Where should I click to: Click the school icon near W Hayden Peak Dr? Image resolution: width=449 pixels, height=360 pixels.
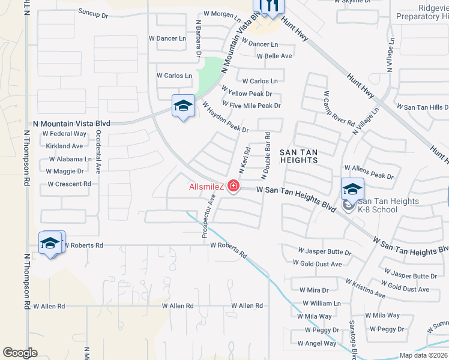click(x=183, y=106)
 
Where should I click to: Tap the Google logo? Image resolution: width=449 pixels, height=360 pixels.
click(x=20, y=353)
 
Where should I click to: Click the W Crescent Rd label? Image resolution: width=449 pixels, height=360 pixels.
click(x=69, y=184)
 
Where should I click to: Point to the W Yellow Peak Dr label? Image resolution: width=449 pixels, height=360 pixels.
click(x=247, y=94)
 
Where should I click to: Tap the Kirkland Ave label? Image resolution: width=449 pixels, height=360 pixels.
click(x=64, y=146)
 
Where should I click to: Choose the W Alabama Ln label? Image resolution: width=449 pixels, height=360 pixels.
click(x=70, y=159)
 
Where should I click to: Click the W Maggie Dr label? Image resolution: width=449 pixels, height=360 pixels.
click(x=65, y=171)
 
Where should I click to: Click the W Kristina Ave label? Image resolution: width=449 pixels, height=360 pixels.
click(x=365, y=288)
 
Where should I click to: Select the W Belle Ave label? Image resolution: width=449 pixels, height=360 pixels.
click(x=274, y=56)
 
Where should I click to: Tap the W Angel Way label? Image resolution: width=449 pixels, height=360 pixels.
click(x=317, y=344)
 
